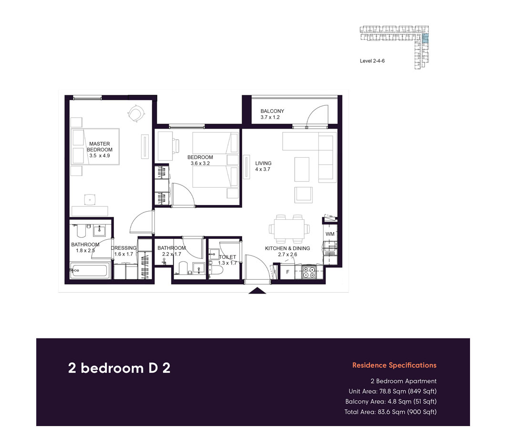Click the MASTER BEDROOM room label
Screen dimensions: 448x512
point(99,147)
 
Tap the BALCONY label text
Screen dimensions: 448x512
point(272,111)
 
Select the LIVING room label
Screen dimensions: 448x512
point(263,163)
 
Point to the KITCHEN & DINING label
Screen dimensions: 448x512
point(287,248)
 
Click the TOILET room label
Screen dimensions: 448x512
point(227,257)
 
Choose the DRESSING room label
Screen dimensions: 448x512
point(123,248)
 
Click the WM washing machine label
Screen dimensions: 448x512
point(330,234)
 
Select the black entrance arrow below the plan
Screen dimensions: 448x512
point(257,291)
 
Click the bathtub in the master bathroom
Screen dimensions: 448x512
point(90,271)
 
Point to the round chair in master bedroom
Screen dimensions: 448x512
point(136,113)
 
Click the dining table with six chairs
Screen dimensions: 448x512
point(288,228)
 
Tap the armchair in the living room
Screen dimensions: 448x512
point(303,194)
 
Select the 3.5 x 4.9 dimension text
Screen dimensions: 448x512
point(99,155)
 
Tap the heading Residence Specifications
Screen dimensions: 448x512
point(394,366)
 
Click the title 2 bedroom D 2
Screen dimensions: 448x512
point(119,368)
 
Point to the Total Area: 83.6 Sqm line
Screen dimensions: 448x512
point(390,412)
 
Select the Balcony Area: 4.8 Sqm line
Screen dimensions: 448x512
point(391,401)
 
